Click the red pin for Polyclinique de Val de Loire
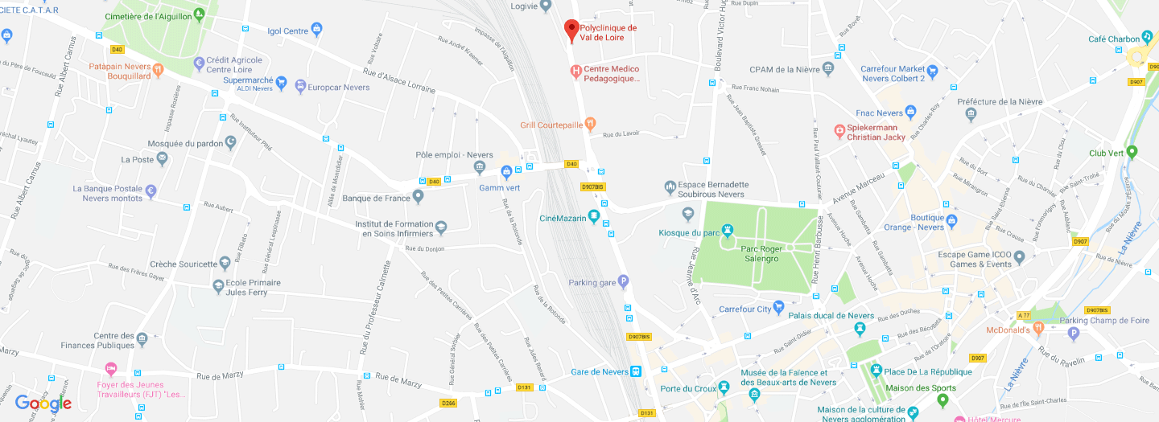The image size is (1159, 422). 571,30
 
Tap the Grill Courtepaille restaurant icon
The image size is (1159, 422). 590,124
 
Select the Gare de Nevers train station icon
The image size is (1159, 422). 636,371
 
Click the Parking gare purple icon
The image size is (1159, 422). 623,281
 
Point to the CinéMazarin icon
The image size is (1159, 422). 594,216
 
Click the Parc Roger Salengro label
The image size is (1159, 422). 760,254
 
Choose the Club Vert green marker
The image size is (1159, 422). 1132,152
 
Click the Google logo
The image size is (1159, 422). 43,404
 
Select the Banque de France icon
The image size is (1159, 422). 418,197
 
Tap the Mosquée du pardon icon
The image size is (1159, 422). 231,142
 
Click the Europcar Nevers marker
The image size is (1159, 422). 300,86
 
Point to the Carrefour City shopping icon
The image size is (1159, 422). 778,308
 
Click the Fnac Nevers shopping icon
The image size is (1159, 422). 910,112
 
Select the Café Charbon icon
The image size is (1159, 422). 1147,38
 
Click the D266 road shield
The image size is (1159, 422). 448,403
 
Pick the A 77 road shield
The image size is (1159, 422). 1024,314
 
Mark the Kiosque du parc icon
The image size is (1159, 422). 687,215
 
